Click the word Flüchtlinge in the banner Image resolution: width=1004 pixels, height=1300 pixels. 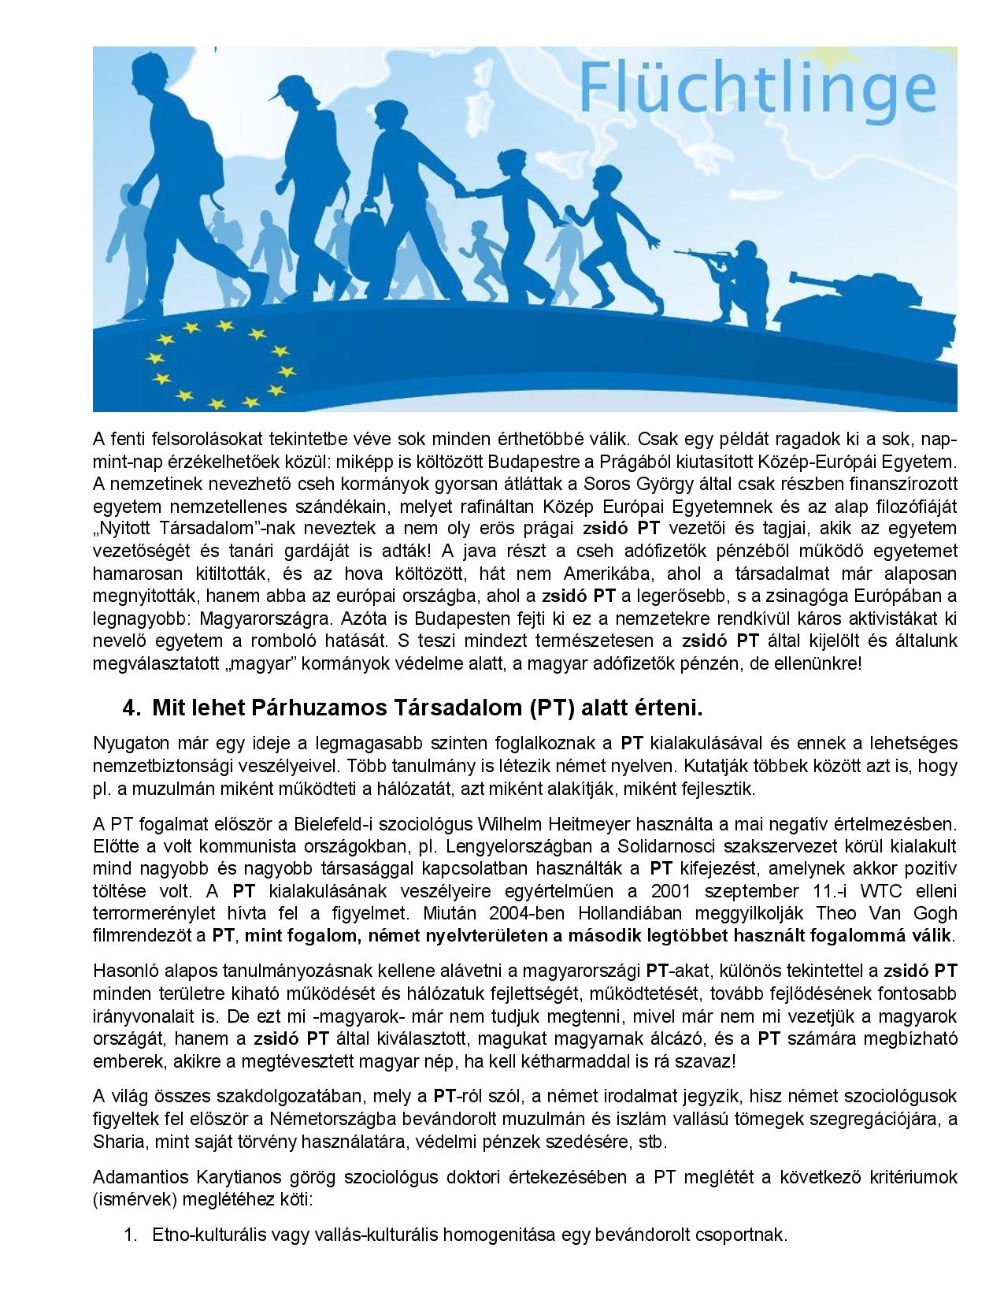tap(757, 88)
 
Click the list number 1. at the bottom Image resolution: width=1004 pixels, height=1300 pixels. tap(132, 1235)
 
